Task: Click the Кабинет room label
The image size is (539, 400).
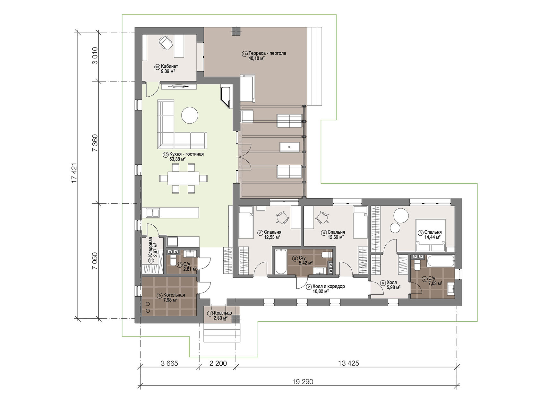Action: point(169,66)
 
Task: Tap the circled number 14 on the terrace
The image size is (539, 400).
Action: point(245,54)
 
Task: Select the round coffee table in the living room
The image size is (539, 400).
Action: point(190,116)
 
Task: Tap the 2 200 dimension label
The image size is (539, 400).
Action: point(218,363)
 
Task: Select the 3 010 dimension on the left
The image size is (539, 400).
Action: point(95,56)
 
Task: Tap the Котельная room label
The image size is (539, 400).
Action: point(174,295)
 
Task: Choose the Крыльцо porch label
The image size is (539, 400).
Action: point(223,313)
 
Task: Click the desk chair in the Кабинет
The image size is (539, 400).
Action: point(166,43)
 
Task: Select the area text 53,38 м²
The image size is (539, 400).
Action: point(177,159)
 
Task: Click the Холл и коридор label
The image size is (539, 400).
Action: point(329,286)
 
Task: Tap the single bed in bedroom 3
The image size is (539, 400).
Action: point(246,222)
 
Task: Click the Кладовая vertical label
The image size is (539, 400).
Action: point(150,247)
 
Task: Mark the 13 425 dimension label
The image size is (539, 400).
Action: point(348,363)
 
